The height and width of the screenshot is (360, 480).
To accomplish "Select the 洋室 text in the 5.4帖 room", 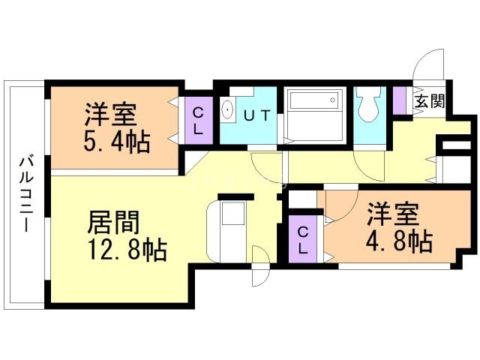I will pos(110,116).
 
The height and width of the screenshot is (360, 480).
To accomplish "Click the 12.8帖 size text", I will pos(125,247).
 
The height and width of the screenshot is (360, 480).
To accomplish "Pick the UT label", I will pos(256,115).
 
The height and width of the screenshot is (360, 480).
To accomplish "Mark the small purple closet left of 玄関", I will pos(400,100).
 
